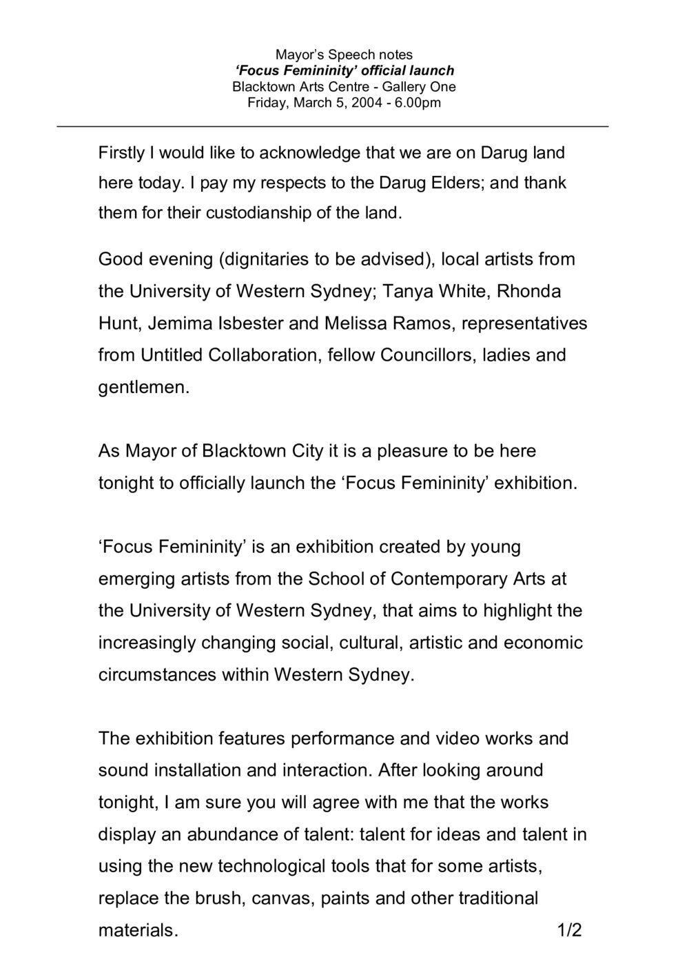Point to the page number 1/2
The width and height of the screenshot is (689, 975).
click(x=570, y=930)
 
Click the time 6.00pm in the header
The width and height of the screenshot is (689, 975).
click(x=418, y=103)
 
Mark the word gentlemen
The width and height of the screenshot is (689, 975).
click(x=141, y=388)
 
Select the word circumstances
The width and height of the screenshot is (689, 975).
click(x=157, y=674)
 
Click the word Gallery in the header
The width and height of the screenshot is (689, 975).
click(x=405, y=87)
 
